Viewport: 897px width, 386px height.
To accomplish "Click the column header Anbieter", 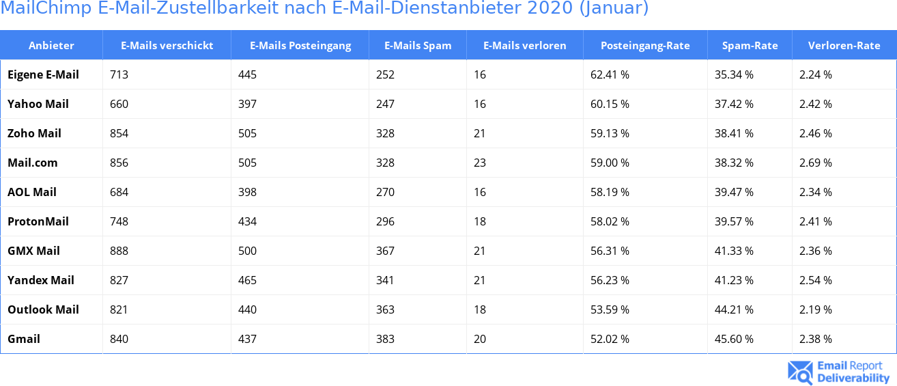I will click(51, 46).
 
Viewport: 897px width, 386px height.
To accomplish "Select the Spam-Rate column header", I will click(750, 46).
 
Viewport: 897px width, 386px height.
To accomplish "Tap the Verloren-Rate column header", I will click(844, 46).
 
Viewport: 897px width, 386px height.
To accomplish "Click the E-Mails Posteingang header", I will click(300, 46).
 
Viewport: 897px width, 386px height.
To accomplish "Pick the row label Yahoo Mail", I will click(38, 104).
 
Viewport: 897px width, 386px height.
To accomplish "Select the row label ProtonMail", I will click(38, 221).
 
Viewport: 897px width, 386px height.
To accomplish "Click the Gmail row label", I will click(24, 339).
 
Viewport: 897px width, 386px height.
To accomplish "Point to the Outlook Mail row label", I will click(43, 309).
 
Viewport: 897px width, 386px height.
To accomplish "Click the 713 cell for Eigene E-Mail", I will click(119, 74).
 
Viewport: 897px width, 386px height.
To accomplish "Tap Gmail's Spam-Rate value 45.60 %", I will click(734, 339).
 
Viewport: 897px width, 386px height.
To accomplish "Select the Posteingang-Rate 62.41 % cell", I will click(610, 74).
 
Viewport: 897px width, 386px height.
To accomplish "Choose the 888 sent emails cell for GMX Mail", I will click(119, 251).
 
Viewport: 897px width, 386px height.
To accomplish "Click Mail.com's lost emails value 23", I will click(480, 163).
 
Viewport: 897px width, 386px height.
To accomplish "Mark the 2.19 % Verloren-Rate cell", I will click(816, 309).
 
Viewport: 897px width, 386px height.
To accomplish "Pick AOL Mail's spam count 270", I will click(385, 192).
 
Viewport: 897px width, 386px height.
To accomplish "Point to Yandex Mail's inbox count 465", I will click(247, 280).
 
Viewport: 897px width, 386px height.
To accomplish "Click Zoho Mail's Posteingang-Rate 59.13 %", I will click(610, 133).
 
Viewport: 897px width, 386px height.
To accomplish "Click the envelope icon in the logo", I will click(799, 372).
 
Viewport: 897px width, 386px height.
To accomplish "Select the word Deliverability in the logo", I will click(853, 378).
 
